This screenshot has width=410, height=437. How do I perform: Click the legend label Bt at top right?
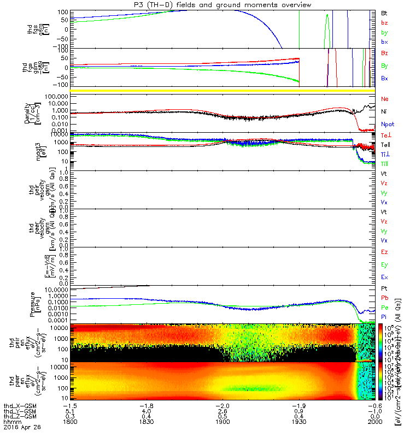(x=384, y=13)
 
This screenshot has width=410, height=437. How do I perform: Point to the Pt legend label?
(x=384, y=288)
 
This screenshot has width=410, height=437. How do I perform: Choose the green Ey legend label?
(x=385, y=265)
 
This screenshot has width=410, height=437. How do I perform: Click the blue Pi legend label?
(x=384, y=316)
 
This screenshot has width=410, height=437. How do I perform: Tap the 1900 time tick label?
(x=222, y=422)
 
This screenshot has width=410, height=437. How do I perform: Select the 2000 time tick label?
(x=374, y=422)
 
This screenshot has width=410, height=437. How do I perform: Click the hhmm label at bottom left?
(x=10, y=422)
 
